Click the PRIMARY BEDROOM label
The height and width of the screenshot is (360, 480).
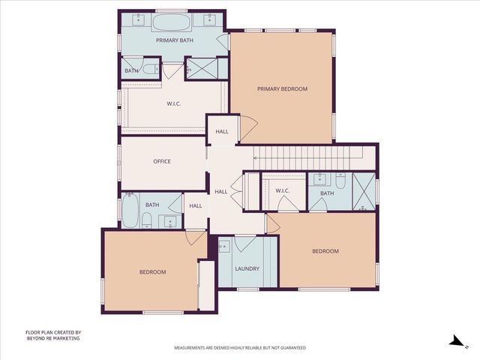click(x=282, y=89)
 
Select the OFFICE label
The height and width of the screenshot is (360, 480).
click(x=162, y=161)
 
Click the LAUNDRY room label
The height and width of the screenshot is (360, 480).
click(x=247, y=268)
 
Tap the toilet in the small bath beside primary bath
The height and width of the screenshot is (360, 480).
click(x=149, y=70)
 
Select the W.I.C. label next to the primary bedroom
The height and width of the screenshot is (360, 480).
click(x=174, y=104)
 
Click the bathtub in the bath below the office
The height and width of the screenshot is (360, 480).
click(x=129, y=211)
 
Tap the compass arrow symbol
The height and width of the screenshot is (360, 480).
click(x=454, y=340)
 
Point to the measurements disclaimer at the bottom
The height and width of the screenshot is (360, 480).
click(x=240, y=348)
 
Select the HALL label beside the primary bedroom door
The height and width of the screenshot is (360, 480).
click(x=222, y=131)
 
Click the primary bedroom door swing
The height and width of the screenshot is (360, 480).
click(x=248, y=125)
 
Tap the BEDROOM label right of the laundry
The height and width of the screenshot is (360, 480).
click(x=325, y=251)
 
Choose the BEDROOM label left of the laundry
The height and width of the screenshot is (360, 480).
click(x=152, y=271)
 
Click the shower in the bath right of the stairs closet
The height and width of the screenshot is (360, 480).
click(x=364, y=190)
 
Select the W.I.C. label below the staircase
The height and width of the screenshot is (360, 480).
click(x=283, y=190)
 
